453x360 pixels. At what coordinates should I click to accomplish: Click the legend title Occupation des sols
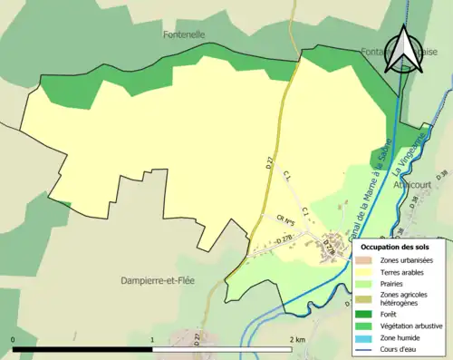click(x=397, y=247)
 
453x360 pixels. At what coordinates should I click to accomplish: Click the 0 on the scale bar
click(x=14, y=339)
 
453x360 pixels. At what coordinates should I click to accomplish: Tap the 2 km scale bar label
click(x=296, y=339)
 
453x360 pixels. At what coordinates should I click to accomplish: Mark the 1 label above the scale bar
click(x=152, y=339)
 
